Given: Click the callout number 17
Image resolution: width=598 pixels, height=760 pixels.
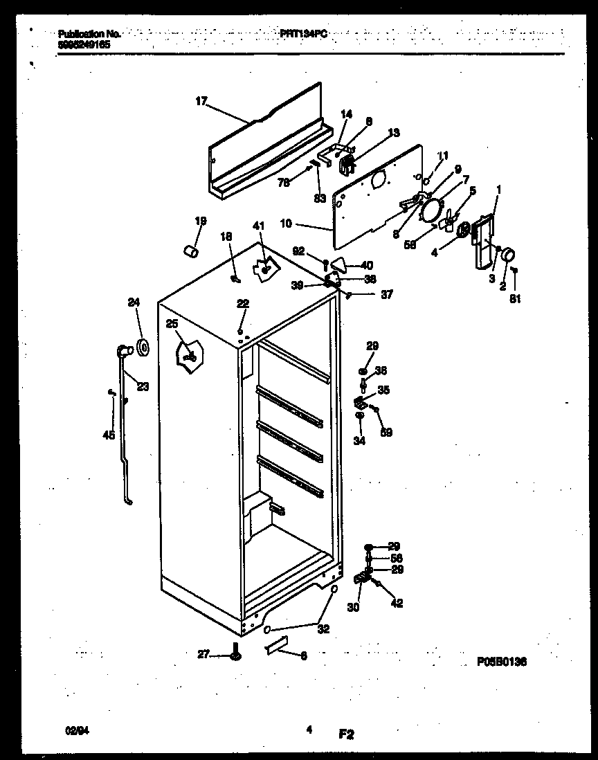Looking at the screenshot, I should pyautogui.click(x=201, y=101).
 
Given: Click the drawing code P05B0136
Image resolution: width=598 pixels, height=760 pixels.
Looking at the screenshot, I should pyautogui.click(x=502, y=662).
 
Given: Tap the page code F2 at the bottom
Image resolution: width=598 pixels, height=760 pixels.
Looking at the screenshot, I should pyautogui.click(x=345, y=734).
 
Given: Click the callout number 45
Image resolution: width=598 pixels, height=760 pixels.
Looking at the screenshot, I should pyautogui.click(x=107, y=435).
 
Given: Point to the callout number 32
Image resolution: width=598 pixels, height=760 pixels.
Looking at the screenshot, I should pyautogui.click(x=323, y=629).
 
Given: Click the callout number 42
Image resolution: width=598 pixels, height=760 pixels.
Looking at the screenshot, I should pyautogui.click(x=397, y=604).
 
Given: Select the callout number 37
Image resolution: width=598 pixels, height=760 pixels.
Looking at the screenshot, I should pyautogui.click(x=386, y=294).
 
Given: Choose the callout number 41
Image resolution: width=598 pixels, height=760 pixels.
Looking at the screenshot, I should pyautogui.click(x=258, y=226).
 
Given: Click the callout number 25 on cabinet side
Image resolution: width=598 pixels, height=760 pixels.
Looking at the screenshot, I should pyautogui.click(x=172, y=324).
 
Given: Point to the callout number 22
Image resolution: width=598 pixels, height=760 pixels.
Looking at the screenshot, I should pyautogui.click(x=242, y=304).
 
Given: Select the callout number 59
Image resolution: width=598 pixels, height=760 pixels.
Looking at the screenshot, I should pyautogui.click(x=386, y=433).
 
